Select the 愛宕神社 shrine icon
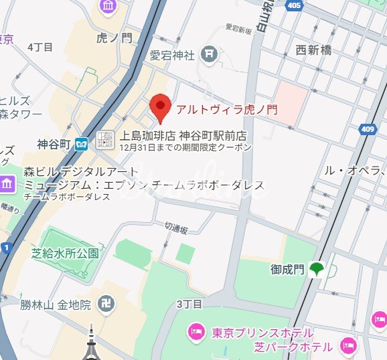pyautogui.click(x=210, y=52)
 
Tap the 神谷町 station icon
pyautogui.click(x=82, y=143)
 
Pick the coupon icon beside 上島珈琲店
pyautogui.click(x=104, y=140)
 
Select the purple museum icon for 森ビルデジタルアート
pyautogui.click(x=7, y=183)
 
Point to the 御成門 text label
pyautogui.click(x=287, y=270)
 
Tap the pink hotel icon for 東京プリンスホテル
pyautogui.click(x=197, y=331)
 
